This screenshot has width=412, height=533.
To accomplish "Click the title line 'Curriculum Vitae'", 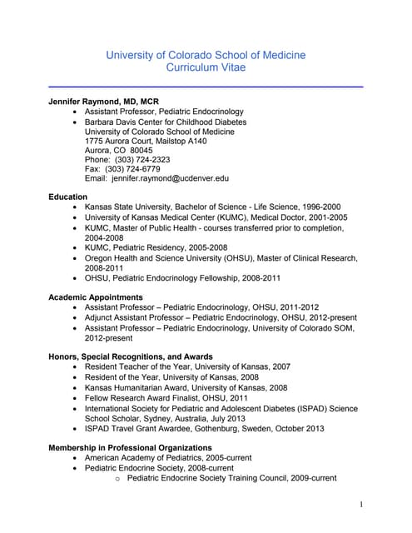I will click(206, 68).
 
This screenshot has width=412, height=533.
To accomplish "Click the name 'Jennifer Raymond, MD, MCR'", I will click(103, 102).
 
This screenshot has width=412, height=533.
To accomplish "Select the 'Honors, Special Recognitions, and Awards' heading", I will click(131, 356).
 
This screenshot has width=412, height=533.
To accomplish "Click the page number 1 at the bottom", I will click(360, 505).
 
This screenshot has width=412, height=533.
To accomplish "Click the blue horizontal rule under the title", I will click(206, 86).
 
